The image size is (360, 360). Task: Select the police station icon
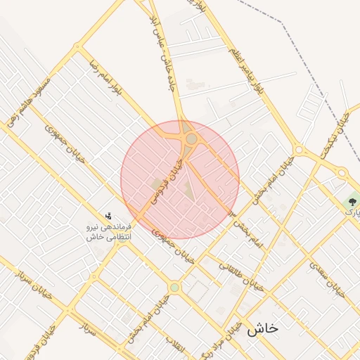(x=108, y=216)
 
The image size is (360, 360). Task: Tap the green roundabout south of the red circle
(x=174, y=287)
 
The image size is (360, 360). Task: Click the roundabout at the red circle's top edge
(x=191, y=139)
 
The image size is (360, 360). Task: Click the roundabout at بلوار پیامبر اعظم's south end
(x=299, y=150)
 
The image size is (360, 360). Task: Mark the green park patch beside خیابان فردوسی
(x=155, y=184)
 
